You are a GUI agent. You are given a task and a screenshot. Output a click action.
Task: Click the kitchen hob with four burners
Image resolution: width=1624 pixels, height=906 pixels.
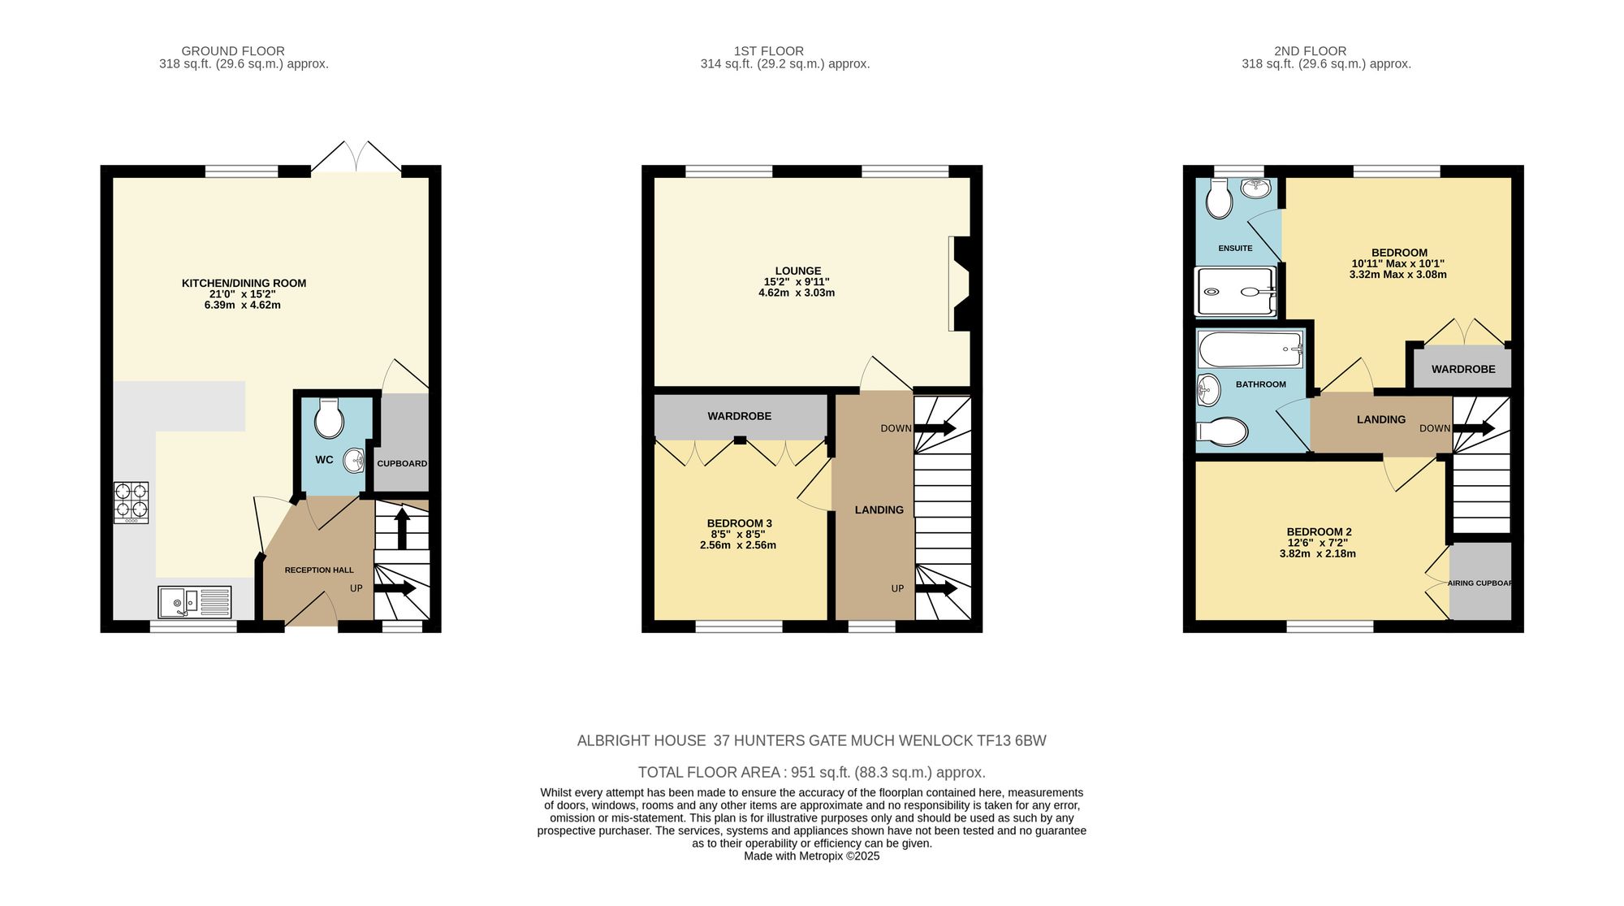tap(131, 502)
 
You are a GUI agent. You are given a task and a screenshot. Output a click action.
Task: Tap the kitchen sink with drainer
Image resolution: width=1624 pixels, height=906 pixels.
tap(195, 602)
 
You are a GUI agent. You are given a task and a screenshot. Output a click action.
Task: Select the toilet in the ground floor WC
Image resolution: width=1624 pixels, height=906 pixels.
tap(329, 418)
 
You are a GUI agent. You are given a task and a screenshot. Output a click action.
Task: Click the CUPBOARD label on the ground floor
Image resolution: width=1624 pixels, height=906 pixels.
tap(402, 464)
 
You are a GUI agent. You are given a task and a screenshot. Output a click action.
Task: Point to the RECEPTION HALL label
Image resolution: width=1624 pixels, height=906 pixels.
tap(319, 570)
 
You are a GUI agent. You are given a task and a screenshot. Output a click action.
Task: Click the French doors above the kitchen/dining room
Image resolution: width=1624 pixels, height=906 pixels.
tap(356, 158)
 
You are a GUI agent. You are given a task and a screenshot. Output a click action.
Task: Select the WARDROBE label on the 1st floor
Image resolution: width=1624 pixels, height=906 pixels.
tap(739, 416)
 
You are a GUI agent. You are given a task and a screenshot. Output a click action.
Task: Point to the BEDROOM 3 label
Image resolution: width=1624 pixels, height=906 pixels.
tap(739, 523)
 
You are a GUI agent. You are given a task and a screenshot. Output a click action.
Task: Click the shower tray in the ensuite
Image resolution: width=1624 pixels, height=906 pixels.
tap(1235, 291)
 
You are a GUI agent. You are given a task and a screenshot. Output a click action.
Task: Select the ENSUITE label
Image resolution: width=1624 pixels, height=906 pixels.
tap(1235, 249)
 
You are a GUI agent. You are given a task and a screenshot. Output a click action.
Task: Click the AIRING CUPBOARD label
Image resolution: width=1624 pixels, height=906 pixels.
tap(1479, 583)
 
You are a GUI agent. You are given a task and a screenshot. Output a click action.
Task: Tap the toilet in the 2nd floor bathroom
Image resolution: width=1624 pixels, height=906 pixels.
tap(1222, 431)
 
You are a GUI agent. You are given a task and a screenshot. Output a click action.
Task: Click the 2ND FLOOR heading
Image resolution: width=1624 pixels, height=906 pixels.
tap(1310, 51)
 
